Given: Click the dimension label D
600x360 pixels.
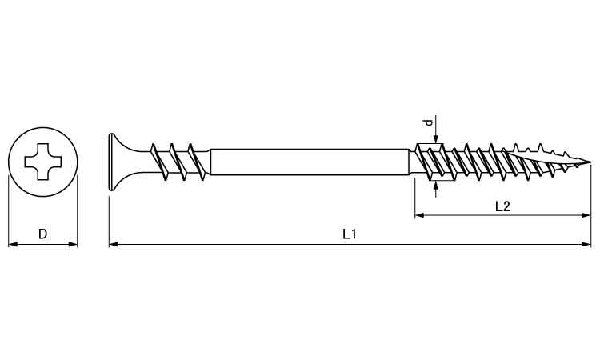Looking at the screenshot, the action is coord(42,234).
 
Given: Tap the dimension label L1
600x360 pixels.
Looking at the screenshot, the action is coord(350,234).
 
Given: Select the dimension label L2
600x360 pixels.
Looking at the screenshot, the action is coord(502,206).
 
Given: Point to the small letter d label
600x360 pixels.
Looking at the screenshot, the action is coord(430,122).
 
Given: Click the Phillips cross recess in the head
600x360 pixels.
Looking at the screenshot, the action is coord(43,162).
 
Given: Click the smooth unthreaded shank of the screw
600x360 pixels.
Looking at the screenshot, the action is coord(310,162).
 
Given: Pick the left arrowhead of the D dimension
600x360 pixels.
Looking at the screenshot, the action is coord(13,244).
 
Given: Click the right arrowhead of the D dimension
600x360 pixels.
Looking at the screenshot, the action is coord(73,244).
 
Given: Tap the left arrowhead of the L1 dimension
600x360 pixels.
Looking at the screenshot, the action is coord(114,244).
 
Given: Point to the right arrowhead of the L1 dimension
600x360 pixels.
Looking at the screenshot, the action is coord(586,244).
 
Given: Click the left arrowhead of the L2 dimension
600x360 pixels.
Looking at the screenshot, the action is coord(420,215).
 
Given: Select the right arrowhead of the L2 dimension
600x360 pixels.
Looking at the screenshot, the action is coord(586,215).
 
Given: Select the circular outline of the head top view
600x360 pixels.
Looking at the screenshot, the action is coord(43,127).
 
